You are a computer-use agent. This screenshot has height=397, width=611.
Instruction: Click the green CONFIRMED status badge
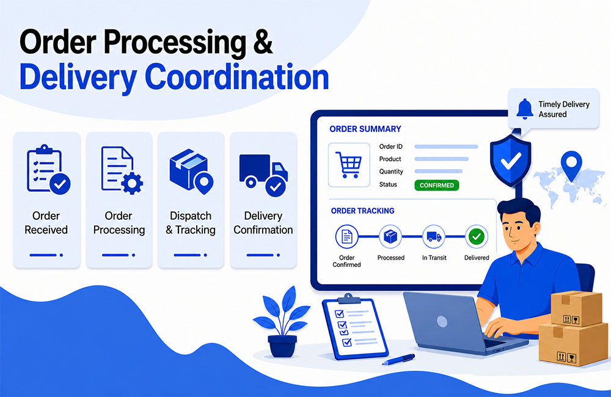coord(436,185)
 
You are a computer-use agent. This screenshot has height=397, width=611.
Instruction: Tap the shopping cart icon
coord(348,165)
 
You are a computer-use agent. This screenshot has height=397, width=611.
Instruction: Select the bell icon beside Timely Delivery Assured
coord(524,109)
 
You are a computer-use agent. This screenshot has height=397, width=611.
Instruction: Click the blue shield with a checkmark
coord(510,161)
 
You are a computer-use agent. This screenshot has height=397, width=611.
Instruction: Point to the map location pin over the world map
coord(571,166)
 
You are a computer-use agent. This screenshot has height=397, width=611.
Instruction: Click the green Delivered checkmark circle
coord(476,236)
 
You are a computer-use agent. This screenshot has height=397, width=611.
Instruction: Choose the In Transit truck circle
coord(434,236)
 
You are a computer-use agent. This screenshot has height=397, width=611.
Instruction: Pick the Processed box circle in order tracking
coord(390,236)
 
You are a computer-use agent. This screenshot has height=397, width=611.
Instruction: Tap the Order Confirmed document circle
coord(346,236)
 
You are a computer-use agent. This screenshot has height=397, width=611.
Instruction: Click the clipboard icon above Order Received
coord(48,169)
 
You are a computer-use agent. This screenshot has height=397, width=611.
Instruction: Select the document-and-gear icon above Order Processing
coord(121,170)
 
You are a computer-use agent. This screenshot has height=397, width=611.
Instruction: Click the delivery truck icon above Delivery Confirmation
coord(263,175)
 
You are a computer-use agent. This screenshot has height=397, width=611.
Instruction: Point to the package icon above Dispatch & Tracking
coord(191,171)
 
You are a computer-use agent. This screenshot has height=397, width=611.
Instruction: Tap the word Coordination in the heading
coord(236,77)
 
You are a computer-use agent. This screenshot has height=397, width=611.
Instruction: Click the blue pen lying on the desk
coord(398,359)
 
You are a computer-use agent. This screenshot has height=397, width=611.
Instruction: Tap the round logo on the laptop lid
coord(442,321)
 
